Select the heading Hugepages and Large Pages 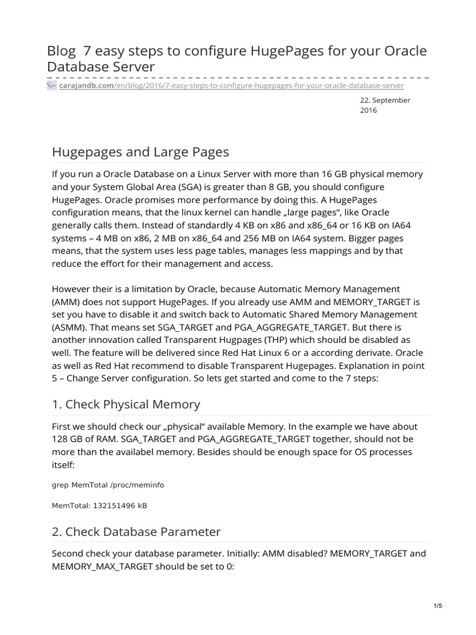click(x=140, y=151)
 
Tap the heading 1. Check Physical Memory click(x=126, y=404)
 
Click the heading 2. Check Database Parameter click(x=136, y=531)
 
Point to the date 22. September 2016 click(x=384, y=105)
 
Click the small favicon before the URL click(x=52, y=85)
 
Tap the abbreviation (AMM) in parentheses click(x=66, y=303)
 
